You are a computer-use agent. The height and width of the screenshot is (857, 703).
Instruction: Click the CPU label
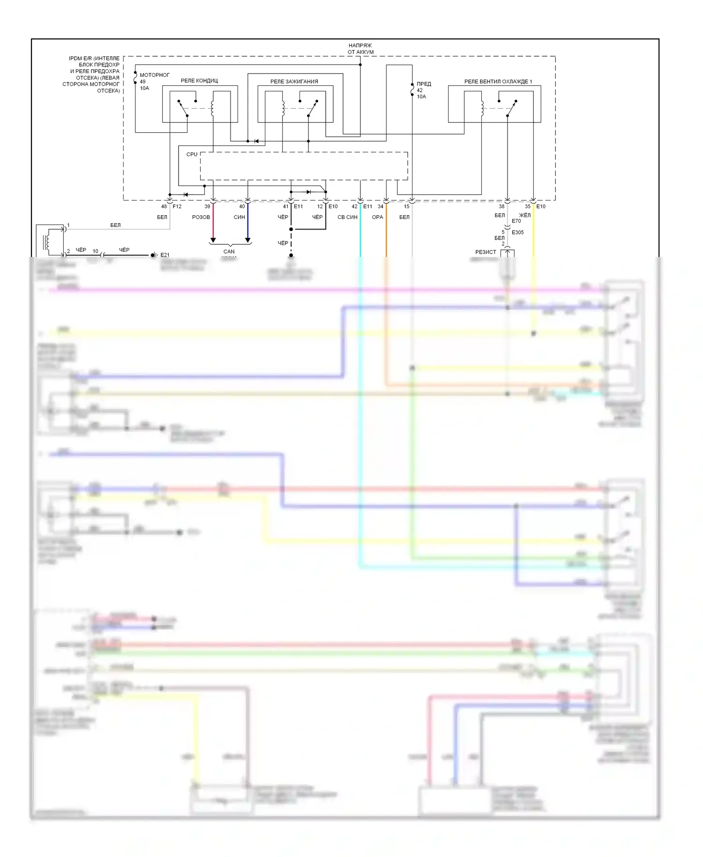pos(192,154)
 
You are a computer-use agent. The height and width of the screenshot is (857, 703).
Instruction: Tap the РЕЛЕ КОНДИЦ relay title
pos(199,81)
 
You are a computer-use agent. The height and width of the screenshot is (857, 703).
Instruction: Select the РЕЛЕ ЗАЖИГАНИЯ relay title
pos(294,82)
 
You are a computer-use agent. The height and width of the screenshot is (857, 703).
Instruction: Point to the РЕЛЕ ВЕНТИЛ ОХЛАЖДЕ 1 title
pos(498,82)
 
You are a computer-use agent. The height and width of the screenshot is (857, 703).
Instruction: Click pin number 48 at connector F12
pos(164,206)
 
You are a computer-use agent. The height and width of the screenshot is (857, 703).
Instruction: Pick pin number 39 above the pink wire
pos(207,206)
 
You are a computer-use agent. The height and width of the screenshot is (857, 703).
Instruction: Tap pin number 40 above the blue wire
pos(242,206)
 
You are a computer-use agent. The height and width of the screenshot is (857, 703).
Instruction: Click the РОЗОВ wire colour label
pos(201,217)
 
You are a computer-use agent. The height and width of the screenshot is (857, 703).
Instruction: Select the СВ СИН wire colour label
pos(347,217)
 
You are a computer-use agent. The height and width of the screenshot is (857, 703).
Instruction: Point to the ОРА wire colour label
pos(377,217)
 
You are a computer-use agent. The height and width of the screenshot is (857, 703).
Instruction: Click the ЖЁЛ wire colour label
pos(525,215)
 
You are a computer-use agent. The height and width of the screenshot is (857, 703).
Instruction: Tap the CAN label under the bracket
pos(229,252)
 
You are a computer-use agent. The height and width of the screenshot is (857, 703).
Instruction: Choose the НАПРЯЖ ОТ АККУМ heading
pos(360,49)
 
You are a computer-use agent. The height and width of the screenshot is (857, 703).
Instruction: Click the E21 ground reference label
pos(165,255)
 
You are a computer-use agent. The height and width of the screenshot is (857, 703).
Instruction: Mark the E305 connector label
pos(518,233)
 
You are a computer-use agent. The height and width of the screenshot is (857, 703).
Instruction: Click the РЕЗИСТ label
pos(486,252)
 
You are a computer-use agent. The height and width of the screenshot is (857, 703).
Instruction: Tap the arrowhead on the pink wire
pos(213,241)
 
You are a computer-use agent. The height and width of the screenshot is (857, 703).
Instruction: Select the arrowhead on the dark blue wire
pos(248,241)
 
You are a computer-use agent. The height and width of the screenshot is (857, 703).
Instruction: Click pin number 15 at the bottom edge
pos(406,206)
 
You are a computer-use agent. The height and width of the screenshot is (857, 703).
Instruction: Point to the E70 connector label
pos(516,221)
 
